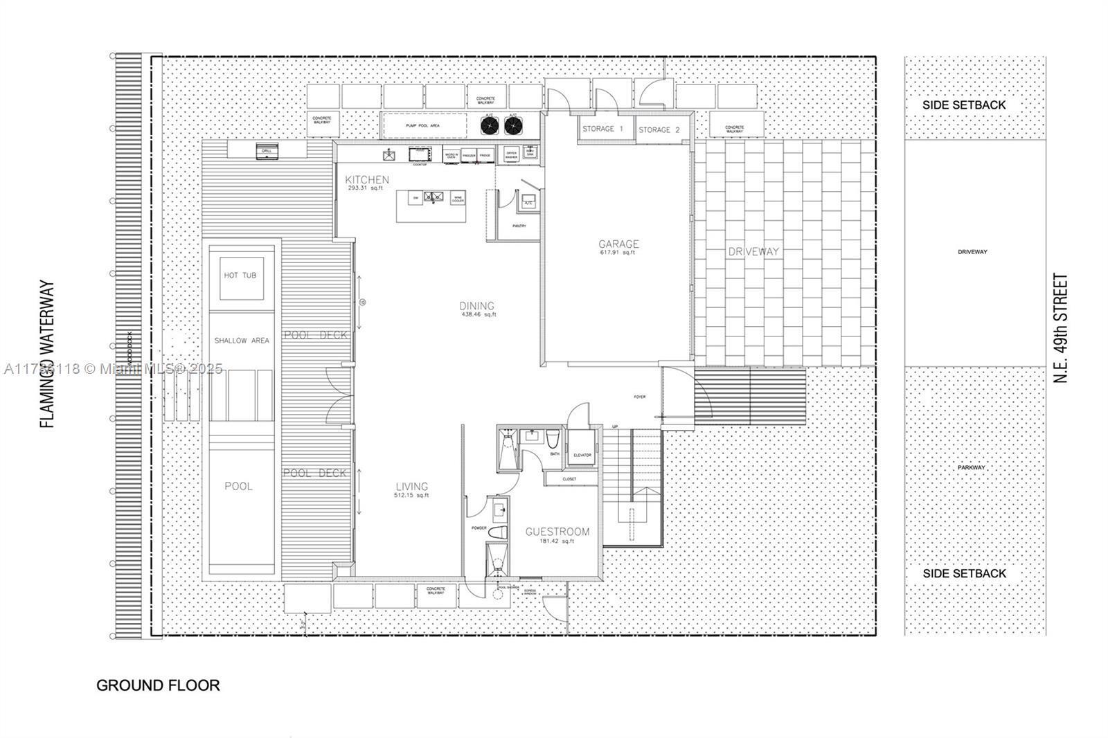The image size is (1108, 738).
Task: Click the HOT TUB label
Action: tap(240, 276)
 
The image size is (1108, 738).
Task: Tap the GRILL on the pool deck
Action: tap(266, 152)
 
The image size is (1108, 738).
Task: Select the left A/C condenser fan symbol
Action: tap(490, 125)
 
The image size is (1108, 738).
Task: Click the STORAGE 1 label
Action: tap(602, 129)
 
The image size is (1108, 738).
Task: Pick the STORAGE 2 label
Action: tap(659, 129)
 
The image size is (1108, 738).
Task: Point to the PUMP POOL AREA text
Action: tap(422, 126)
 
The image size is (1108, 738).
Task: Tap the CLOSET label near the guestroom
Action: tap(569, 478)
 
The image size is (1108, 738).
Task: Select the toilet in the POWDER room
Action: tap(497, 533)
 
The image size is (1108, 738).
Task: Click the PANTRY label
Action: tap(519, 226)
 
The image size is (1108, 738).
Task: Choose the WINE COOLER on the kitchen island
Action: tap(457, 198)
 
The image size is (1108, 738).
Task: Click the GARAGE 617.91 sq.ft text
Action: tap(618, 247)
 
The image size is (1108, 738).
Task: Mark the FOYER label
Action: tap(639, 397)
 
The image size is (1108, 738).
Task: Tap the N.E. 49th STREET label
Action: tap(1060, 328)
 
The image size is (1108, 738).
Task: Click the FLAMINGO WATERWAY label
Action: tap(47, 354)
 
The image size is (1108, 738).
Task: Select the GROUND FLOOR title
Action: tap(158, 685)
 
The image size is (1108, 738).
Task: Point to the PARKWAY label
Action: tap(972, 467)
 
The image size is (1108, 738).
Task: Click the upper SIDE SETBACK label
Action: tap(963, 105)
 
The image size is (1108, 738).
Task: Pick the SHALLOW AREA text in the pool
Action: tap(241, 341)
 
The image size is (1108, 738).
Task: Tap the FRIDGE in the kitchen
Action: tap(485, 156)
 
